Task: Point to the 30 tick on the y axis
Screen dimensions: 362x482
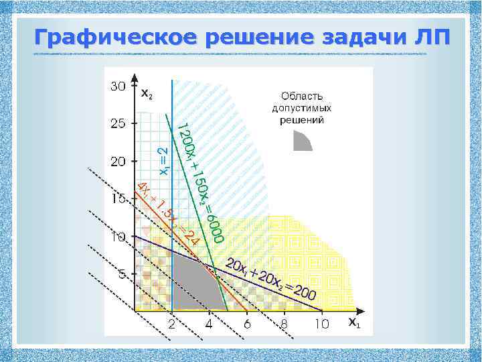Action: [118, 86]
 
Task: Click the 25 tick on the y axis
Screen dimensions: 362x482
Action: [118, 124]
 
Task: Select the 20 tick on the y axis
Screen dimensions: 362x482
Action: [118, 162]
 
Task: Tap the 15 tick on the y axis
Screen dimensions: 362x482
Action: [118, 199]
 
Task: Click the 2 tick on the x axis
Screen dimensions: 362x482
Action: [172, 324]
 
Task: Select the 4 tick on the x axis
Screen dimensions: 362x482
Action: [210, 324]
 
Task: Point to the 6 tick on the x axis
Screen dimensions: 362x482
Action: [247, 324]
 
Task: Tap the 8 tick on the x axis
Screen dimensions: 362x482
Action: [285, 324]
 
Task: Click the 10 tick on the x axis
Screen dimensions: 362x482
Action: [322, 324]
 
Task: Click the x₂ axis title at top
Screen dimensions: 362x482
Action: [146, 93]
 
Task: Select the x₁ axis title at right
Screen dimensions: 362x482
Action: [353, 322]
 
